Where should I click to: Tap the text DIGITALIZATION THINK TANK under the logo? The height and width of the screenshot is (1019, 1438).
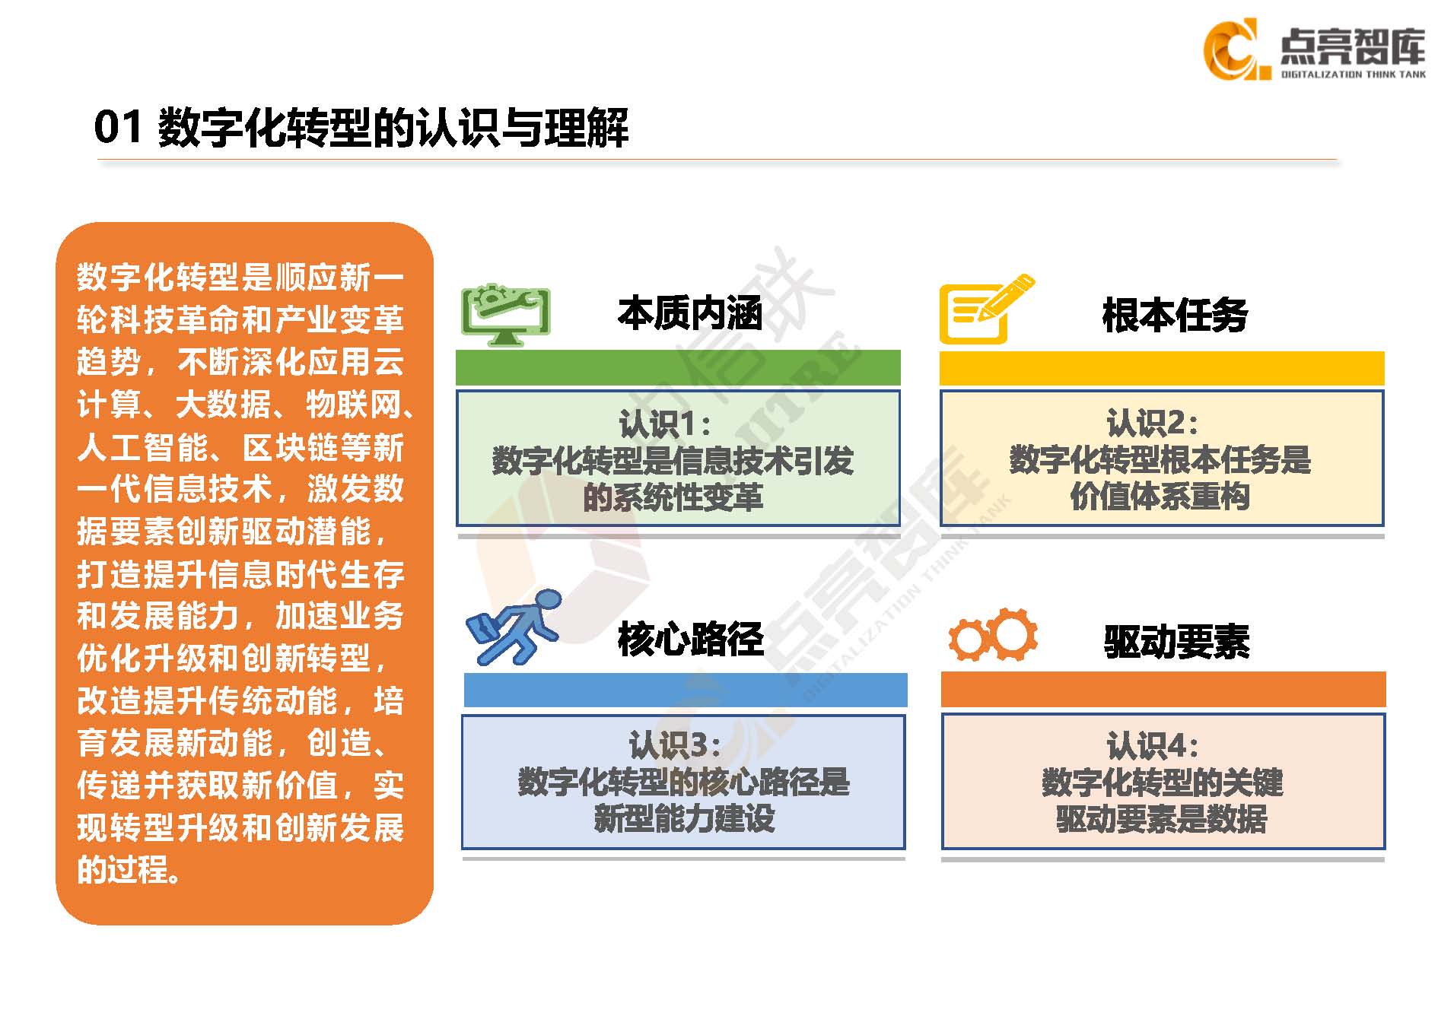click(1354, 75)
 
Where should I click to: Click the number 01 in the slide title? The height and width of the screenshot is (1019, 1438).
click(119, 127)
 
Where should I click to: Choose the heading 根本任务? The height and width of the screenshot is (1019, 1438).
click(1175, 315)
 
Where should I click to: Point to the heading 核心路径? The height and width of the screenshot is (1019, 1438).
click(690, 639)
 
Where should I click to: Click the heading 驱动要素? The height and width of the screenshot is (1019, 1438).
click(1176, 641)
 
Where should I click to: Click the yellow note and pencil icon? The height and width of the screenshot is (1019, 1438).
click(986, 309)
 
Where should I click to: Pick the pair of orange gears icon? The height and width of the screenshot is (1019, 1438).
click(993, 635)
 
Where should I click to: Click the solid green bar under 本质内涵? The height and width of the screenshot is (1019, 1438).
click(678, 367)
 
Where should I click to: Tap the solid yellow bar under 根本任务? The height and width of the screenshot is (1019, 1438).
click(1162, 368)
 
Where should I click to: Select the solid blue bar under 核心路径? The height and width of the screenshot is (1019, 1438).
click(686, 690)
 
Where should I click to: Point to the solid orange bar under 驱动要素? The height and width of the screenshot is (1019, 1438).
click(1163, 689)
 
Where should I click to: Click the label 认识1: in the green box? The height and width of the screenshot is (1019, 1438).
click(665, 424)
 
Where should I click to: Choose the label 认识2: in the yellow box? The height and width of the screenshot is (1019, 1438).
click(1152, 423)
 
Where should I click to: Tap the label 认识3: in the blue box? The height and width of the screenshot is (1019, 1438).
click(675, 746)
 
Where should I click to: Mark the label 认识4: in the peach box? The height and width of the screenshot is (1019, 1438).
click(1153, 746)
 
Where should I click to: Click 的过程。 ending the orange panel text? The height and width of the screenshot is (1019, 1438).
click(129, 869)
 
